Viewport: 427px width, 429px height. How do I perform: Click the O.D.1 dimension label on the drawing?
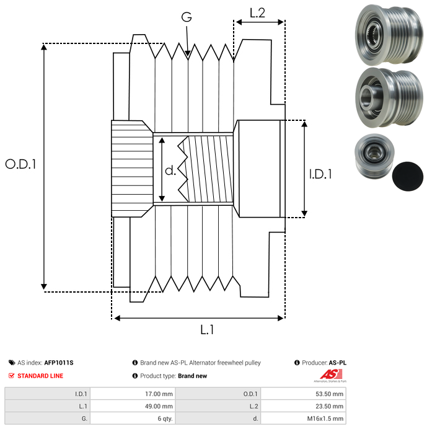click(x=21, y=165)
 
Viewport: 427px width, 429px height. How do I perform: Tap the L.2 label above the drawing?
click(x=257, y=13)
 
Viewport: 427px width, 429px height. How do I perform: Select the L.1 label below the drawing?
click(x=207, y=330)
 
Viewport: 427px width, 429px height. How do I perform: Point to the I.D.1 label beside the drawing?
click(x=320, y=175)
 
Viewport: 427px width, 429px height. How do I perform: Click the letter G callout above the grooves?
click(x=186, y=17)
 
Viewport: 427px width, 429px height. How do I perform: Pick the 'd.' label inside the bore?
click(x=170, y=170)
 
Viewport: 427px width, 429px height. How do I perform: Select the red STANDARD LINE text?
click(x=40, y=376)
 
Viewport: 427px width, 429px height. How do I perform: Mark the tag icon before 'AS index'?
click(x=12, y=363)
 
